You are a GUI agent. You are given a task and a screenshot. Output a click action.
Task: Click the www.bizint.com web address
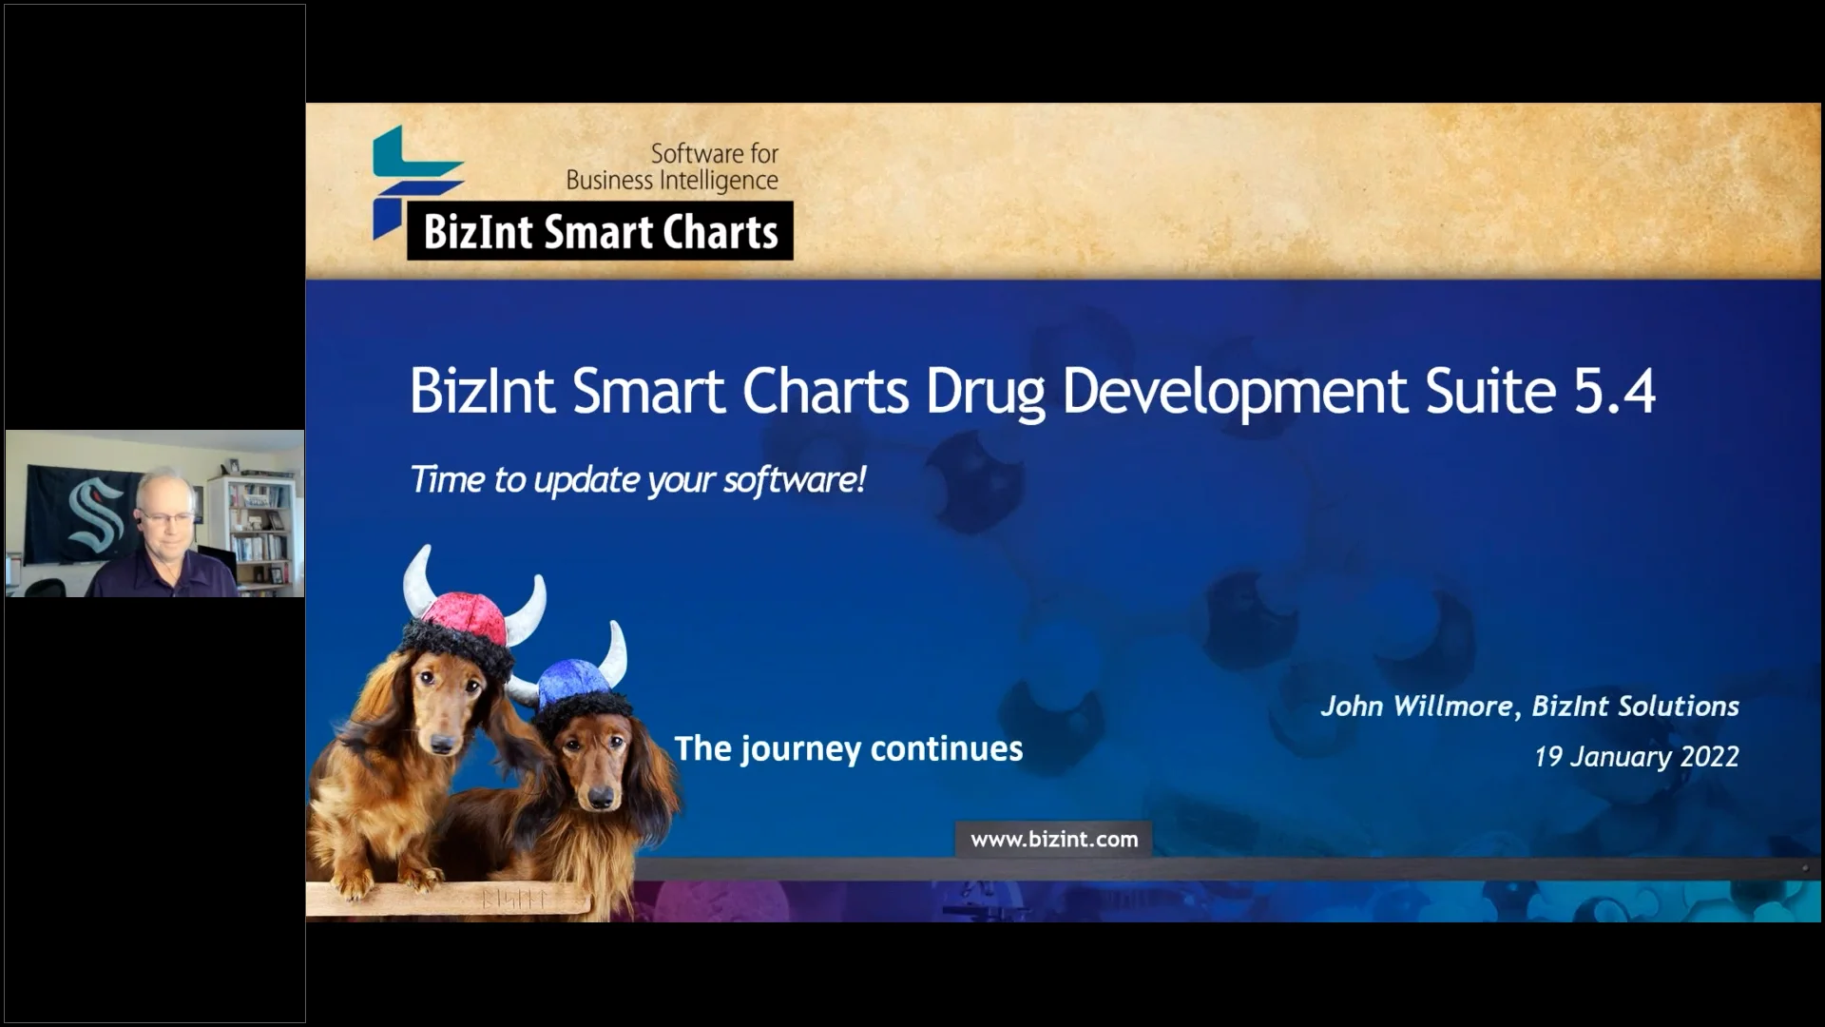coord(1053,840)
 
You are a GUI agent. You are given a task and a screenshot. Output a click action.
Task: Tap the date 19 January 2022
coord(1636,757)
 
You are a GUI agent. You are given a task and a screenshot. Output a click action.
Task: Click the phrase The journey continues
coord(848,749)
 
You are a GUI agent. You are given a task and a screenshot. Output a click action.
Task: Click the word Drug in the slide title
coord(985,393)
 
